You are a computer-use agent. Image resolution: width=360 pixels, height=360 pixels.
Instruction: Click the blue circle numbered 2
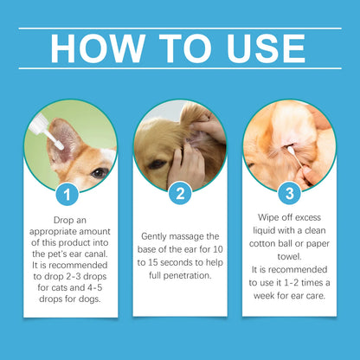[179, 193]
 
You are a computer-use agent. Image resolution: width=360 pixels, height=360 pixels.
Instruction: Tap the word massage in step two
[183, 236]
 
